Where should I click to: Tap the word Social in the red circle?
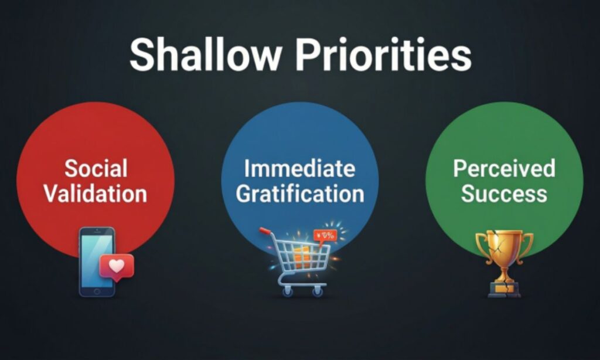pyautogui.click(x=96, y=169)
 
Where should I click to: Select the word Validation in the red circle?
pyautogui.click(x=96, y=193)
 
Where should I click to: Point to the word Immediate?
pyautogui.click(x=299, y=169)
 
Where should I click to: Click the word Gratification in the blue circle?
pyautogui.click(x=300, y=194)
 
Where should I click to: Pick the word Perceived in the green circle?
pyautogui.click(x=504, y=169)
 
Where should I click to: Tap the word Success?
pyautogui.click(x=504, y=194)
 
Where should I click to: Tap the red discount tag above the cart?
pyautogui.click(x=325, y=236)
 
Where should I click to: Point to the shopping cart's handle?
pyautogui.click(x=265, y=232)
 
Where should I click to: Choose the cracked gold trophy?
pyautogui.click(x=504, y=261)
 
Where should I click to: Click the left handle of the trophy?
pyautogui.click(x=481, y=244)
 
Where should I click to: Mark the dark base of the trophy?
pyautogui.click(x=504, y=290)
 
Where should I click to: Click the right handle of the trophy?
pyautogui.click(x=527, y=244)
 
